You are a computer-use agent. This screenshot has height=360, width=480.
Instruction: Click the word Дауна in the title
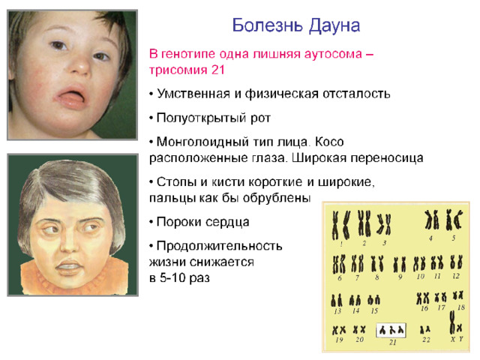[x=334, y=25]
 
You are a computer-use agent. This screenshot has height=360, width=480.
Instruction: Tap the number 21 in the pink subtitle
[x=218, y=70]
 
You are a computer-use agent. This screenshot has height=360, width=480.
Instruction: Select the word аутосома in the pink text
[x=333, y=54]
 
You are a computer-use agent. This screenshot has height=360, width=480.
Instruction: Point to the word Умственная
[x=193, y=93]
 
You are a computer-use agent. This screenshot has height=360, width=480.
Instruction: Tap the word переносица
[x=387, y=158]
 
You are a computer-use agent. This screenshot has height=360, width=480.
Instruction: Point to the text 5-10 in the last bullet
[x=172, y=278]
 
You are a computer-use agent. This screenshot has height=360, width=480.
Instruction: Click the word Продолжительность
[x=219, y=246]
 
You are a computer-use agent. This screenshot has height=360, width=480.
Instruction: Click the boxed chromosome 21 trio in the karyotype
[x=391, y=330]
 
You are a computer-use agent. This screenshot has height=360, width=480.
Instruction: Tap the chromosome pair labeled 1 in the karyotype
[x=341, y=225]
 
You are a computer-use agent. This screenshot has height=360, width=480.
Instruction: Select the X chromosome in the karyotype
[x=452, y=322]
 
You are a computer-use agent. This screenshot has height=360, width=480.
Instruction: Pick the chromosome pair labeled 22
[x=425, y=330]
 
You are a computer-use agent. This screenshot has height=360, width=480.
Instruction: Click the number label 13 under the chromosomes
[x=337, y=311]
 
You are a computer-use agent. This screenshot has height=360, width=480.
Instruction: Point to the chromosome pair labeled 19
[x=339, y=330]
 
